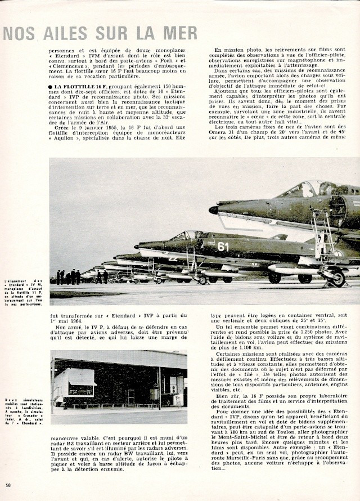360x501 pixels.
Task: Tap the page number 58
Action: tap(8, 485)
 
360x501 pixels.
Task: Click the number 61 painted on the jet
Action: tap(223, 246)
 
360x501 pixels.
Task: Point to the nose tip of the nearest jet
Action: tap(213, 210)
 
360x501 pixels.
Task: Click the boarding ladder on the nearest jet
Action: tap(325, 236)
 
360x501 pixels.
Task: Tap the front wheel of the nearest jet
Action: tap(337, 278)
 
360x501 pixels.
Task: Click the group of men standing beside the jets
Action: tap(68, 276)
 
